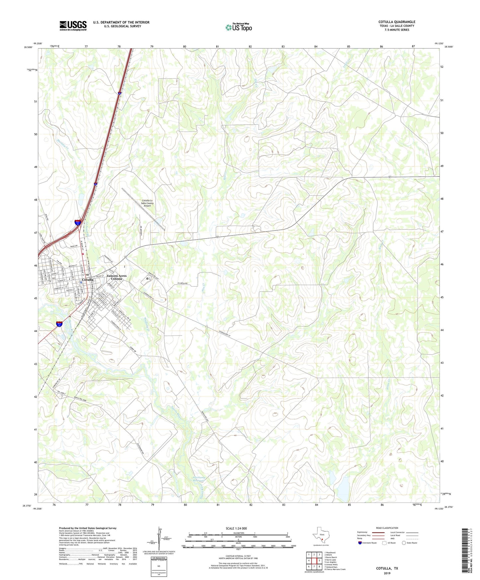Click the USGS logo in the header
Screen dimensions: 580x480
73,25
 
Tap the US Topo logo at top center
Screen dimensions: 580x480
239,27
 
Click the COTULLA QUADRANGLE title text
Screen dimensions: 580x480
397,22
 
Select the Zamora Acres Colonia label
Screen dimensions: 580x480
117,277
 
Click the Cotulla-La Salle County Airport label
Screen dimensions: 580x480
147,203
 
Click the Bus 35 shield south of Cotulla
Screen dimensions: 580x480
59,324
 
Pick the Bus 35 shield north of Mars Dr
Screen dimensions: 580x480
77,223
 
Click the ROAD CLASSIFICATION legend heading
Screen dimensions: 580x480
387,528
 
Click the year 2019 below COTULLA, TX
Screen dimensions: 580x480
387,573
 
